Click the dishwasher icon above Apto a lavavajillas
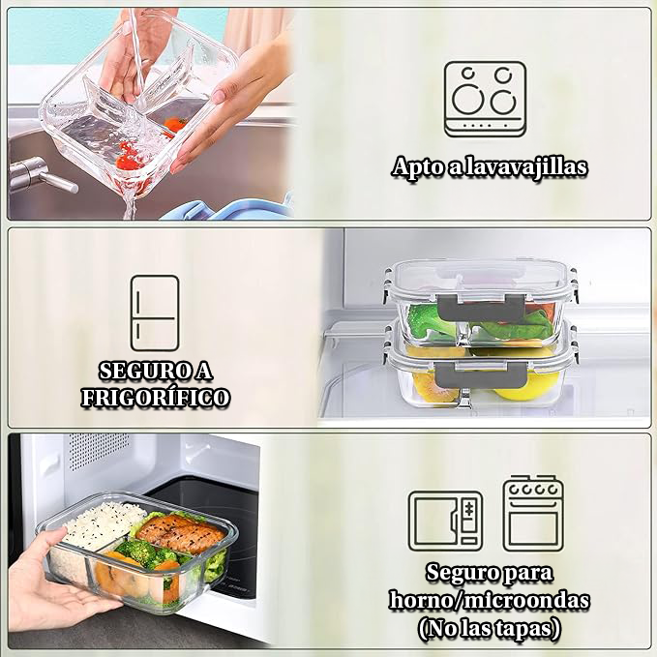pos(485,99)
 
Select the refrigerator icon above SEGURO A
pos(155,312)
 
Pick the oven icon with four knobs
pos(531,513)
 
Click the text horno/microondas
pos(489,600)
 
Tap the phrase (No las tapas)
pos(490,628)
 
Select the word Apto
pos(415,166)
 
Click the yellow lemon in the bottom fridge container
pos(512,389)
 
